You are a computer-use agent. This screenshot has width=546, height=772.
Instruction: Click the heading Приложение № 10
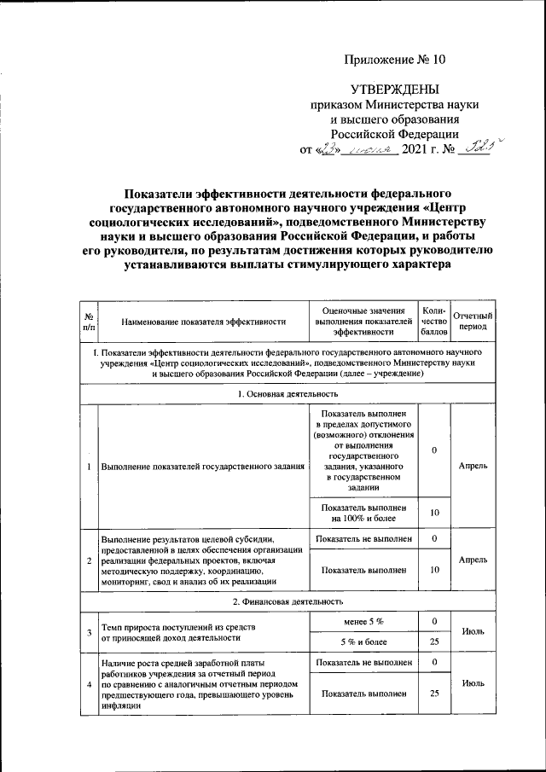pos(395,59)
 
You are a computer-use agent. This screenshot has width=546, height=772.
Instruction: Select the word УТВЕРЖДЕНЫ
pos(395,90)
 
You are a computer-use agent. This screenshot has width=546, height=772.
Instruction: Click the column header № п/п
pos(89,322)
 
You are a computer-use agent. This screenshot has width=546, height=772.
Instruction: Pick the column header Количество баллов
pos(434,322)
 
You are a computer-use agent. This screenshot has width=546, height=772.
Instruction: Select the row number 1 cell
pos(89,467)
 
